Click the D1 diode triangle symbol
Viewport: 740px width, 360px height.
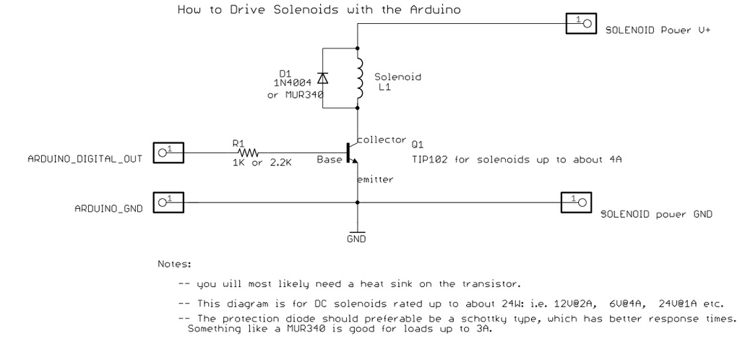click(323, 78)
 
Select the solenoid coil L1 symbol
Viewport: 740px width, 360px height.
click(358, 78)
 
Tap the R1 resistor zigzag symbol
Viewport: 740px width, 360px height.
click(249, 153)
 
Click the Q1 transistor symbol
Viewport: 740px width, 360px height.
click(352, 153)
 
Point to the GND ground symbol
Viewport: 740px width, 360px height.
click(357, 231)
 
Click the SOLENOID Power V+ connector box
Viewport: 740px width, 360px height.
click(582, 23)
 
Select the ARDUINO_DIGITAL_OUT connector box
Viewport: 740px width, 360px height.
click(168, 153)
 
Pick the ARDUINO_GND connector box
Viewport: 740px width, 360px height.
click(168, 202)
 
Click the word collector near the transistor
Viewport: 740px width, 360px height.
click(382, 140)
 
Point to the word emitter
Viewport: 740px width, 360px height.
click(375, 179)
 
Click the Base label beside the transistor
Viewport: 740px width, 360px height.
click(330, 160)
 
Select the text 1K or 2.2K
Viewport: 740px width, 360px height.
click(262, 163)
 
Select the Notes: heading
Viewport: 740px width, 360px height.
click(174, 264)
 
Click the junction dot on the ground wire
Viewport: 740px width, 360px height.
click(357, 202)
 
